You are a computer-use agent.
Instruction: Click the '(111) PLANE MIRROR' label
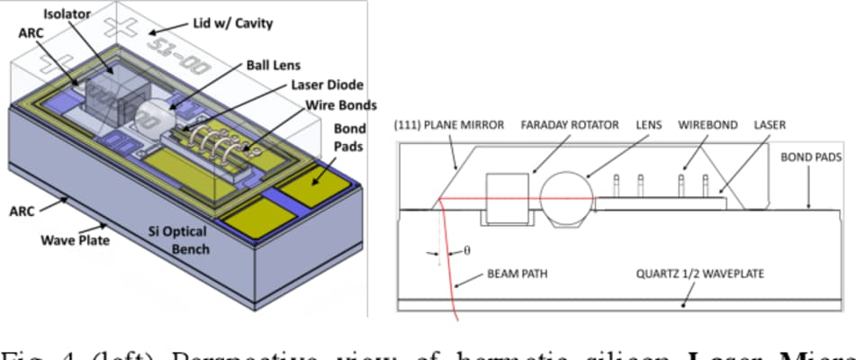click(x=447, y=125)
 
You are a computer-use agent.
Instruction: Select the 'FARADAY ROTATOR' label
click(x=570, y=125)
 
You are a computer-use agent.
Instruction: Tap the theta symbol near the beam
click(x=466, y=251)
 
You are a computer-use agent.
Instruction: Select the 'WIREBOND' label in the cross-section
click(x=705, y=125)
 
